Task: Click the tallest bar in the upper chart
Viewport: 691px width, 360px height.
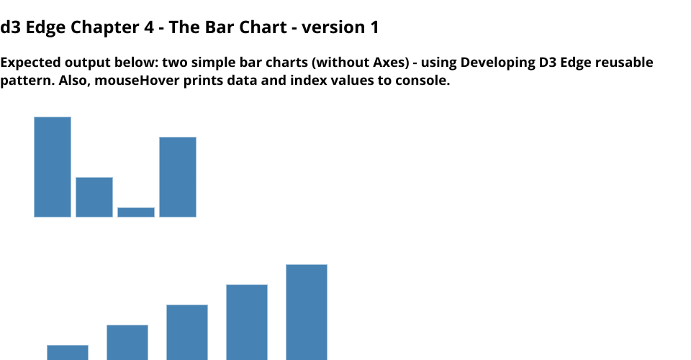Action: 53,167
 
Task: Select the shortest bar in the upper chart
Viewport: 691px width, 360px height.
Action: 136,212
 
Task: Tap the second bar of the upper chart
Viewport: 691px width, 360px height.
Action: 94,197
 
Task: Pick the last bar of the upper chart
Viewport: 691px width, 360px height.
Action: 178,177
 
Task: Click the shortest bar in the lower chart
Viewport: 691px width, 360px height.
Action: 68,353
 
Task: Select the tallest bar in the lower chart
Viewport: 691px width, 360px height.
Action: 307,312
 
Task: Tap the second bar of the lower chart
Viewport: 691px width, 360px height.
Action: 127,343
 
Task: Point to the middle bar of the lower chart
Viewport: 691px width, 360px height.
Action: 187,332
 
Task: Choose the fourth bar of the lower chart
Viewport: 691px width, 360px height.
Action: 247,322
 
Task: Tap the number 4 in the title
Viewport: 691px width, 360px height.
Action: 149,27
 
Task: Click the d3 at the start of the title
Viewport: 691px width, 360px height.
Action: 11,27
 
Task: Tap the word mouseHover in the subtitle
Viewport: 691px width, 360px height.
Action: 137,81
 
